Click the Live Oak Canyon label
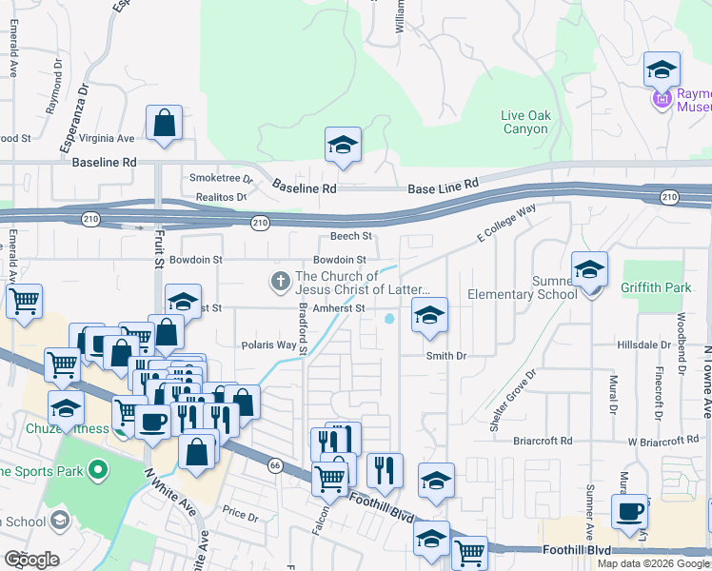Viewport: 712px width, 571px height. (524, 122)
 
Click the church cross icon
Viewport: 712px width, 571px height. (280, 281)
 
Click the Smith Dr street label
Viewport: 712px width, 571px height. (445, 356)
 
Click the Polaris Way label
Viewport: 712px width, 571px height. (269, 345)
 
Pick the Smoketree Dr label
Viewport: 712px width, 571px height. (221, 178)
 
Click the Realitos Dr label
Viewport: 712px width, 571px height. (215, 196)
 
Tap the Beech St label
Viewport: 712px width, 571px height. (350, 236)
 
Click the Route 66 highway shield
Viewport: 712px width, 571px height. (275, 465)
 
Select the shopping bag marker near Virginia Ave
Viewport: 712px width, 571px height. (165, 124)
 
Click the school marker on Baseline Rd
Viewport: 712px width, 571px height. (343, 147)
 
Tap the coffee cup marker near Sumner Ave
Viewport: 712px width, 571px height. (629, 514)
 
